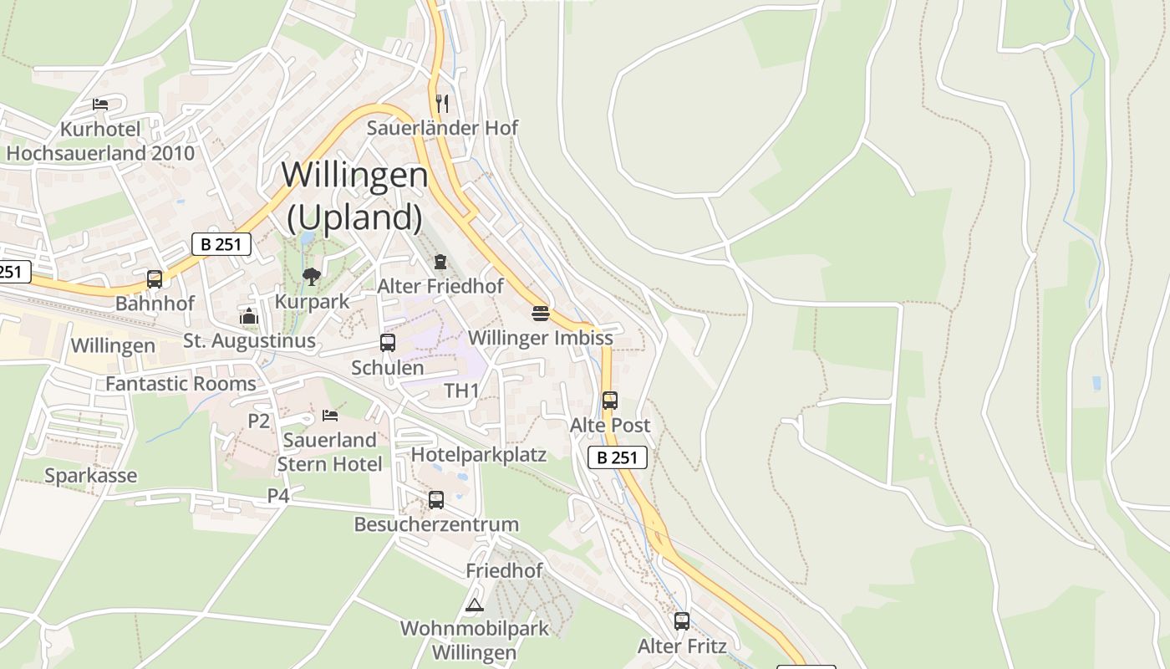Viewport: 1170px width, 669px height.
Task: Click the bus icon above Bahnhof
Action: point(155,278)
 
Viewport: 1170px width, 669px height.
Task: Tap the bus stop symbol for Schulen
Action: point(387,342)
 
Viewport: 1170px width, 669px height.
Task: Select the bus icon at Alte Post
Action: point(610,400)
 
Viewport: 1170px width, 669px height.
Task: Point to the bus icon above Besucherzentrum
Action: point(435,499)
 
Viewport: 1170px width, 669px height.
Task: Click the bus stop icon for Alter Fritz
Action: point(682,620)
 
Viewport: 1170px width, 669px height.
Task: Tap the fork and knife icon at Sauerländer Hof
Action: point(442,103)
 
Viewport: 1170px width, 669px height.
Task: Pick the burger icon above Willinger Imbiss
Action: point(541,314)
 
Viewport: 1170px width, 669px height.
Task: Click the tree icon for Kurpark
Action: point(312,276)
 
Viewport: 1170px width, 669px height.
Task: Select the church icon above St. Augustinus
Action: point(249,315)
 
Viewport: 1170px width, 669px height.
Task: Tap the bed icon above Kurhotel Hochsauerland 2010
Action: point(100,105)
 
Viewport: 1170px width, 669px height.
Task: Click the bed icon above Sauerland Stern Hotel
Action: point(330,415)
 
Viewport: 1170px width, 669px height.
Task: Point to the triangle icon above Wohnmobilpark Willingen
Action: point(475,604)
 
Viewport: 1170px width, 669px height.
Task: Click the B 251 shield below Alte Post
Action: point(618,457)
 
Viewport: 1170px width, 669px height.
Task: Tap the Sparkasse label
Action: point(90,476)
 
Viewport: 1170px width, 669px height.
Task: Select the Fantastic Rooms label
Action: point(181,384)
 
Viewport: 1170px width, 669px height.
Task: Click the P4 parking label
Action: point(278,496)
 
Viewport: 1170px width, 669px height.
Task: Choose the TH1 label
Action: point(461,391)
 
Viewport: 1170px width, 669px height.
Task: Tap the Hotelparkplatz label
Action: point(479,454)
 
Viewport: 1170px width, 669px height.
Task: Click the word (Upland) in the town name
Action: point(354,217)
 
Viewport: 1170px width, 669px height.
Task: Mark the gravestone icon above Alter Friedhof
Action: point(440,262)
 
